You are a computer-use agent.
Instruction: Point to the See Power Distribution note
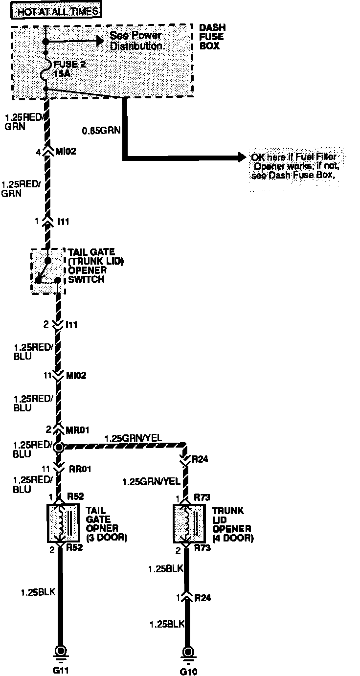pyautogui.click(x=135, y=41)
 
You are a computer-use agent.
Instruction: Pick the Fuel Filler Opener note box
pyautogui.click(x=295, y=167)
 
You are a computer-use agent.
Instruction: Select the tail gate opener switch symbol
pyautogui.click(x=47, y=271)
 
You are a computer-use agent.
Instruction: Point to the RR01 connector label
pyautogui.click(x=78, y=469)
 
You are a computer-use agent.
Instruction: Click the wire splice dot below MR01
pyautogui.click(x=59, y=447)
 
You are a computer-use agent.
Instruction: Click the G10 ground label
pyautogui.click(x=187, y=671)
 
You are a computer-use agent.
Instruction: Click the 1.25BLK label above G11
pyautogui.click(x=38, y=592)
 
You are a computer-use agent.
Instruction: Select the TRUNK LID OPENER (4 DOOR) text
pyautogui.click(x=232, y=524)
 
